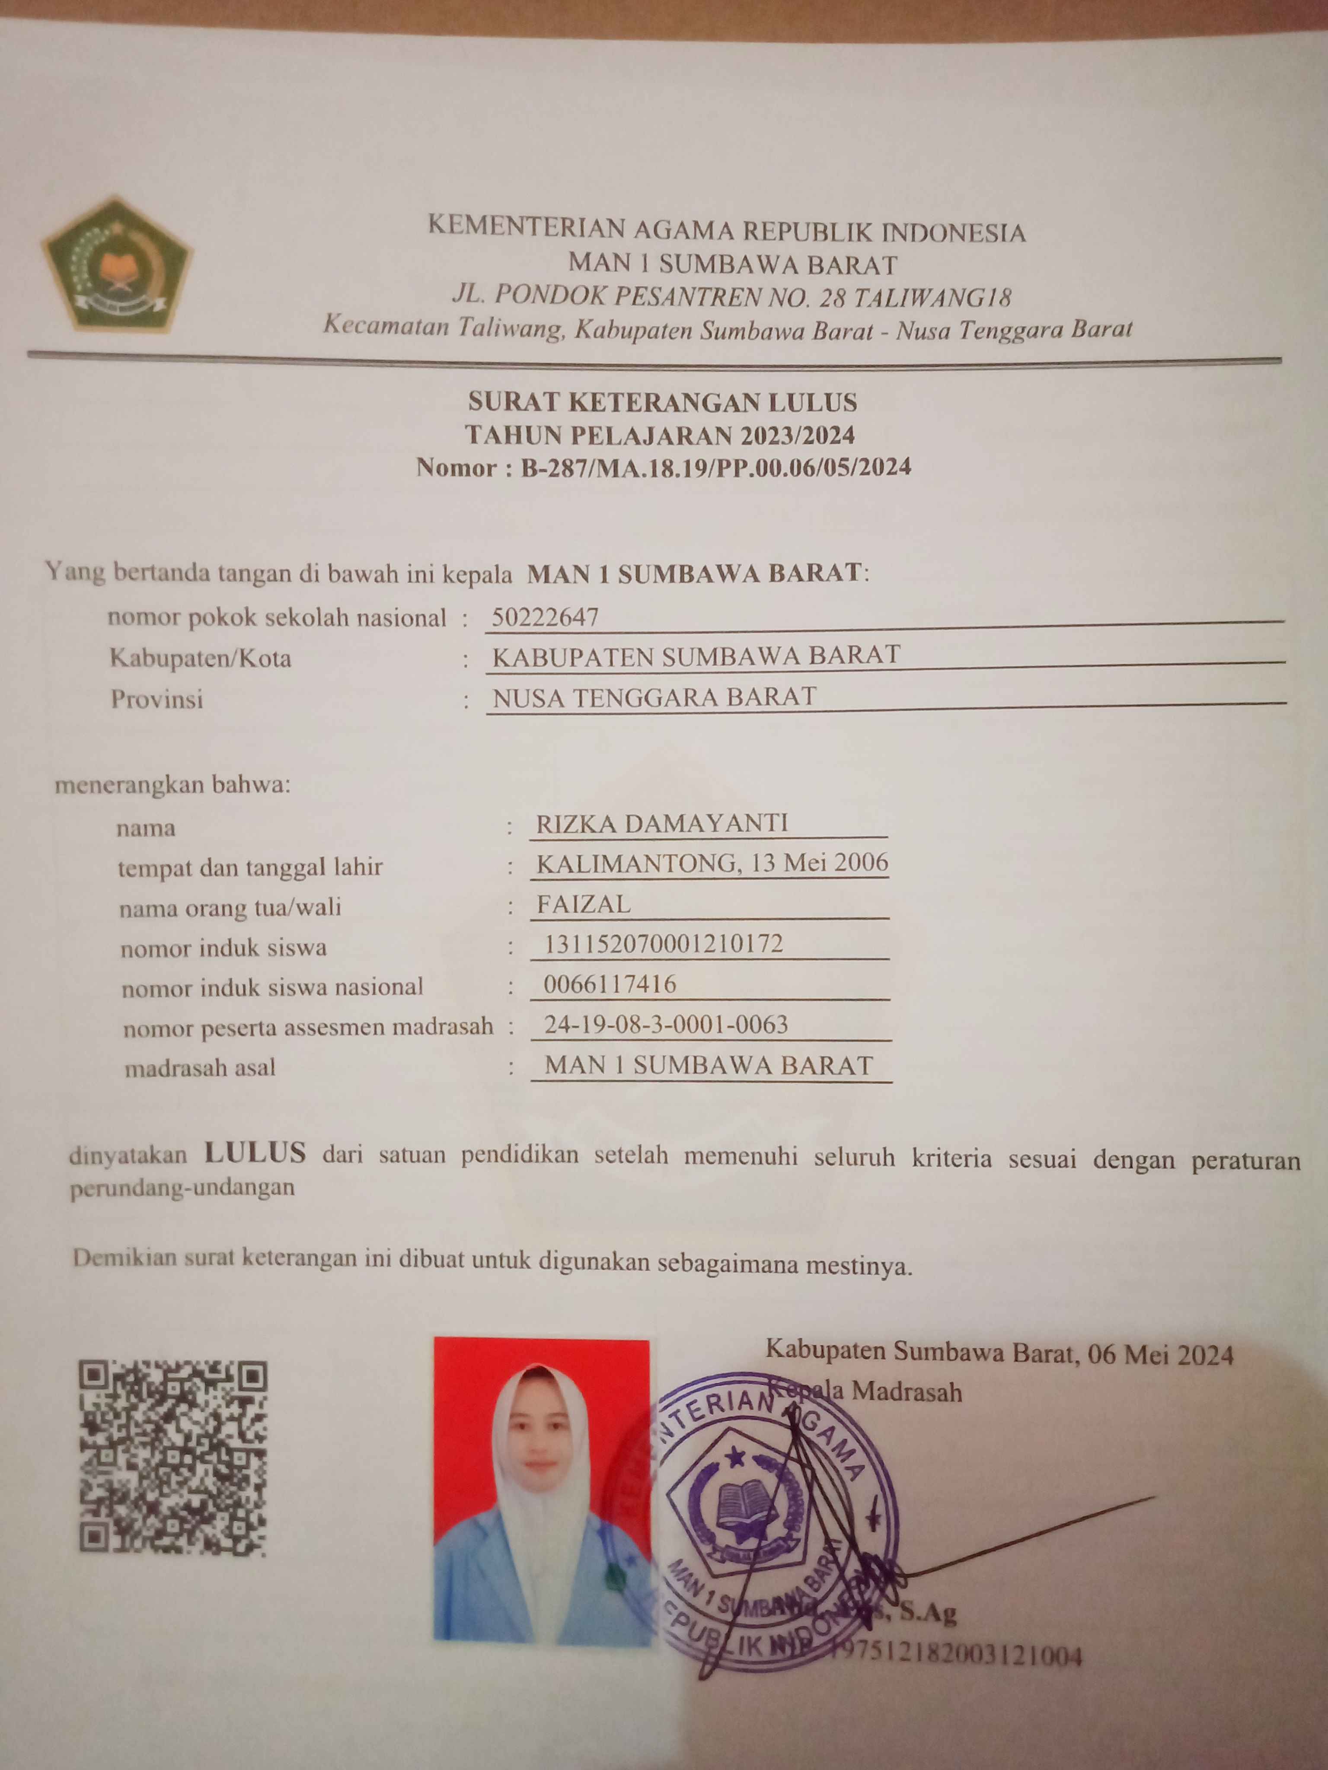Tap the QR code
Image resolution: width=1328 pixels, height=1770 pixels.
click(x=172, y=1458)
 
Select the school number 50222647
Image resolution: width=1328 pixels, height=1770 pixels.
click(x=545, y=617)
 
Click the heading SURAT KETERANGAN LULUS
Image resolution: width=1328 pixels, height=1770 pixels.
click(x=663, y=402)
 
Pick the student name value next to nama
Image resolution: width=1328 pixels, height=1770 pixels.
click(x=662, y=823)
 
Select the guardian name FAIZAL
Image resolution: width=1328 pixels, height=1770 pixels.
click(x=584, y=904)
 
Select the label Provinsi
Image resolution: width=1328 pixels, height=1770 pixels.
click(x=157, y=699)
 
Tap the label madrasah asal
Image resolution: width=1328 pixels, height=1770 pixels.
click(x=200, y=1067)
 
